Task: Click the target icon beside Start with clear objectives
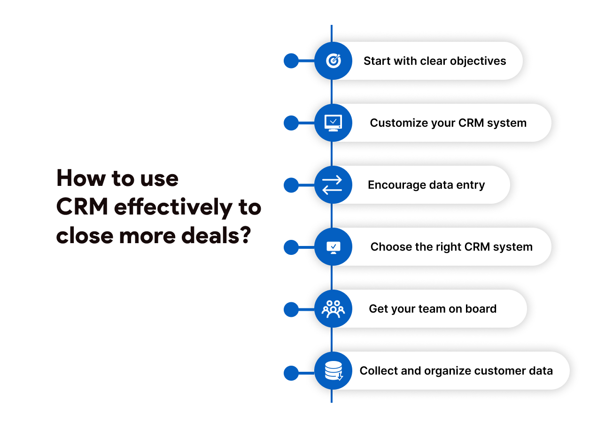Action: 334,61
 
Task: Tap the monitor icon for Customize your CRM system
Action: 333,123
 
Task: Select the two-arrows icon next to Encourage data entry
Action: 332,185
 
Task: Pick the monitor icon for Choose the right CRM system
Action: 334,247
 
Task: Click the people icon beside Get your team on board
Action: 333,309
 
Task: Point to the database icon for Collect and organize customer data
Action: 334,371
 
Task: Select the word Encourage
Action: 397,185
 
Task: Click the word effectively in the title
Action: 173,207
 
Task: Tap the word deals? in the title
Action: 216,235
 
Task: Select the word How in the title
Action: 81,178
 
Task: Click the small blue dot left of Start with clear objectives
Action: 291,61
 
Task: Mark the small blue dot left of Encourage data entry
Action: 291,185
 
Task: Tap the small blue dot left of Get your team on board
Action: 291,309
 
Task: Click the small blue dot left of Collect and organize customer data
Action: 291,373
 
